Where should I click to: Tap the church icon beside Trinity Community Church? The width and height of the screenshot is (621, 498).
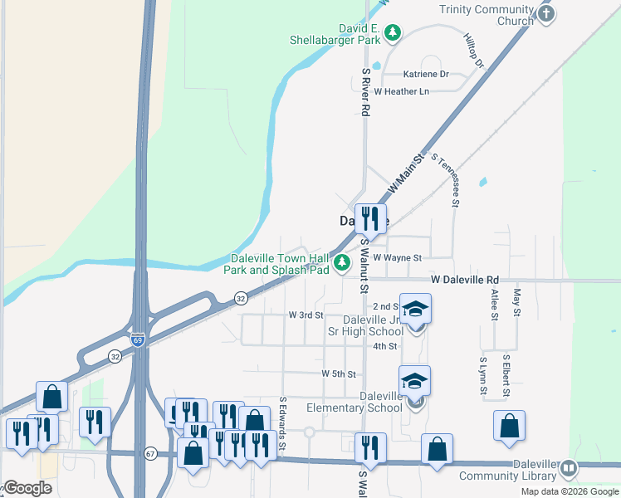[x=545, y=13]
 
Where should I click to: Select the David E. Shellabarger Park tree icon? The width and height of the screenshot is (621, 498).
[x=392, y=32]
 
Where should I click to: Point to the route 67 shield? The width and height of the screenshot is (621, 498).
[x=150, y=453]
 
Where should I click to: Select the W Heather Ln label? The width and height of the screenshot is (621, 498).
[x=402, y=91]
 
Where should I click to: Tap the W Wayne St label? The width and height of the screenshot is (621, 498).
[x=398, y=258]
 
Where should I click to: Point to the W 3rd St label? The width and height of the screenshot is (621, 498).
[x=306, y=315]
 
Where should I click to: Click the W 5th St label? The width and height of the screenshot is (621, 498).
[x=339, y=374]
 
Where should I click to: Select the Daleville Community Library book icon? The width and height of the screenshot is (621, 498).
[x=569, y=469]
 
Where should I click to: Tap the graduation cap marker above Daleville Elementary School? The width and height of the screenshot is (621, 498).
[x=414, y=381]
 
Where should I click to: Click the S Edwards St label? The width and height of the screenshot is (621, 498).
[x=282, y=424]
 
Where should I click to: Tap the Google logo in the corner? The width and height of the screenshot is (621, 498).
[x=27, y=488]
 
